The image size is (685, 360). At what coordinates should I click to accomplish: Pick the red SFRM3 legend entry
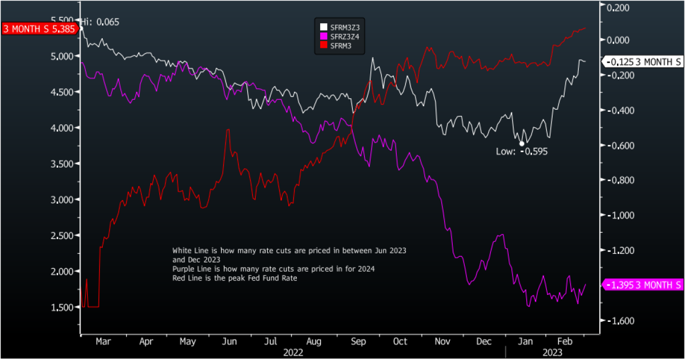[x=336, y=45]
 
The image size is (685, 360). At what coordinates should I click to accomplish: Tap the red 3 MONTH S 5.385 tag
[x=38, y=29]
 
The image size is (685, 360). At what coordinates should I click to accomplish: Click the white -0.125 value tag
[x=643, y=62]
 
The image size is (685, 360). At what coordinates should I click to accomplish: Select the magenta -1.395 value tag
[x=643, y=285]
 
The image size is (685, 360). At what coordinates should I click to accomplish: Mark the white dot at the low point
[x=521, y=143]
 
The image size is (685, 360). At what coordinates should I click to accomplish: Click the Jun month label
[x=229, y=341]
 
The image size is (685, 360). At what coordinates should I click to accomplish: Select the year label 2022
[x=293, y=353]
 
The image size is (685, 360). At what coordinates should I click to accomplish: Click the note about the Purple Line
[x=274, y=269]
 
